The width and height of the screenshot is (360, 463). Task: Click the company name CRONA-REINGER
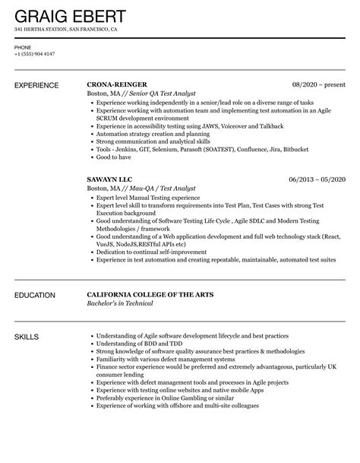coord(118,84)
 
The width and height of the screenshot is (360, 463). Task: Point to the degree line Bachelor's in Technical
coord(121,303)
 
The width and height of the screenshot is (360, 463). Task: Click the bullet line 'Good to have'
coord(113,157)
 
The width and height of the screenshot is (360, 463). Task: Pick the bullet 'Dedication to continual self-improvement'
coord(149,252)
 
